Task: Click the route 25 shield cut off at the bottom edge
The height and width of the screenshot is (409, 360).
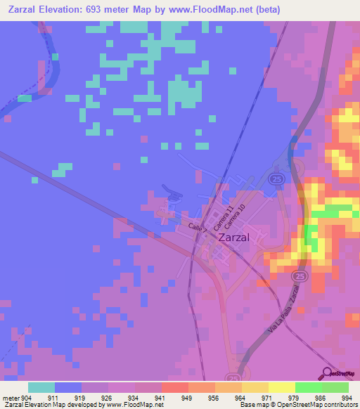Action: pos(233,377)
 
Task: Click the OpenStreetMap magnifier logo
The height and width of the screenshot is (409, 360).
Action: pos(328,372)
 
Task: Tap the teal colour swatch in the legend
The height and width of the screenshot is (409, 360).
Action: pos(41,387)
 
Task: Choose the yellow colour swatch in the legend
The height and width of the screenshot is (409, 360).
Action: pos(281,387)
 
